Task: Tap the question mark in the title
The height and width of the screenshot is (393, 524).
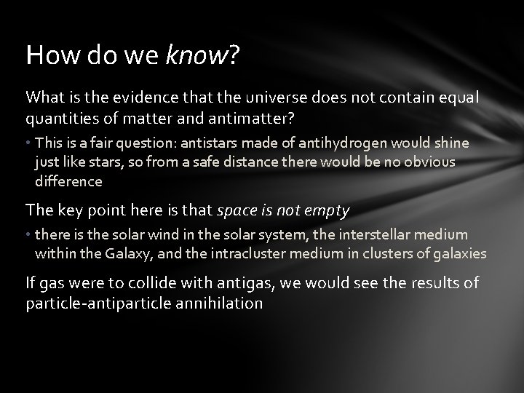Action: pyautogui.click(x=234, y=54)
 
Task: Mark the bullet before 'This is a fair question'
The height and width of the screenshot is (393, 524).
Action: pyautogui.click(x=28, y=143)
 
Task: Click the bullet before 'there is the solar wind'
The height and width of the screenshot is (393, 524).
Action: pyautogui.click(x=28, y=234)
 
